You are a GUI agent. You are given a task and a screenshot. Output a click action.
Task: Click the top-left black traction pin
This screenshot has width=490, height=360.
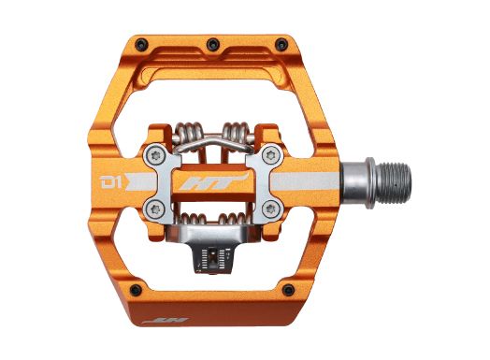(142, 44)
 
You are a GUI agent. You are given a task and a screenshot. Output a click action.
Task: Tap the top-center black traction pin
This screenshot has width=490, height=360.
(213, 44)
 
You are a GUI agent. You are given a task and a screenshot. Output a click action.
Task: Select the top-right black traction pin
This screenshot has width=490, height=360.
(281, 44)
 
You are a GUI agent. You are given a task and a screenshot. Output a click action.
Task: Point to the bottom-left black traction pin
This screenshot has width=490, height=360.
(136, 290)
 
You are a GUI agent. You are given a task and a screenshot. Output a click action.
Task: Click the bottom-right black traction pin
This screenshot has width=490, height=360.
(288, 290)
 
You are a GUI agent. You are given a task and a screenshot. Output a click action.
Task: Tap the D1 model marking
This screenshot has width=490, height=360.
(110, 181)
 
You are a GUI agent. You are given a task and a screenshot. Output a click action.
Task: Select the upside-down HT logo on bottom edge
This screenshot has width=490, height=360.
(166, 321)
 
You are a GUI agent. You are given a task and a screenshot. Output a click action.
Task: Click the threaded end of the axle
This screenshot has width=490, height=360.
(393, 183)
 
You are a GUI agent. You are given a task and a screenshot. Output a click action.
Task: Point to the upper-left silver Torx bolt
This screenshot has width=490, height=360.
(155, 155)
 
